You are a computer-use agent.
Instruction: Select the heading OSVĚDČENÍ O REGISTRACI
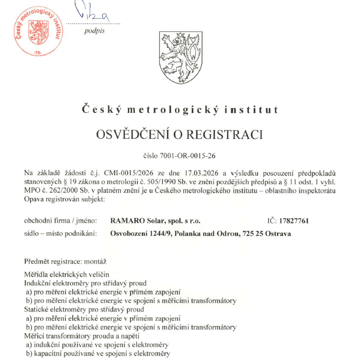click(180, 134)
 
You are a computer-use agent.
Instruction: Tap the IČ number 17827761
click(294, 221)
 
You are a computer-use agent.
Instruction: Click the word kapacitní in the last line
click(47, 354)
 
